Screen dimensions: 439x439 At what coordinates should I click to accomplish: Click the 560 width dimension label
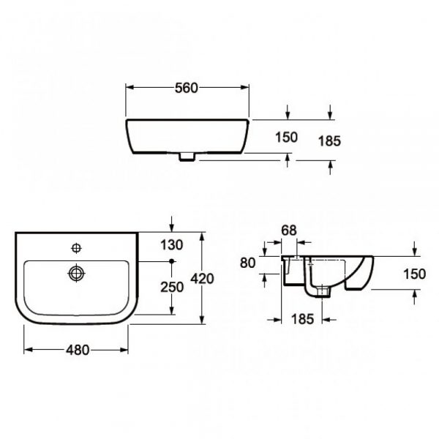[187, 88]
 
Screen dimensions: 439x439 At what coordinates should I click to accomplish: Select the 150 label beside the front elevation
[286, 138]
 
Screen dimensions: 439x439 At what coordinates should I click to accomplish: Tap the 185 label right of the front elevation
[329, 140]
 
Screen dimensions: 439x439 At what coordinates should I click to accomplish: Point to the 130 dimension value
[172, 245]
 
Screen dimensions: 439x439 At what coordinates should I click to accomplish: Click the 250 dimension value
[172, 288]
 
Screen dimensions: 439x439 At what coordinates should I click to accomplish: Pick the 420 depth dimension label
[202, 279]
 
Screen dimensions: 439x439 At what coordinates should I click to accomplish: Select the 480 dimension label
[78, 350]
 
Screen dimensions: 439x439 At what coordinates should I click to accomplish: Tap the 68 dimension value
[289, 230]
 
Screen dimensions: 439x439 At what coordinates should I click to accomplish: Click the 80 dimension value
[248, 263]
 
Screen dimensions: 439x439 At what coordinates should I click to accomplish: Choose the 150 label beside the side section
[414, 274]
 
